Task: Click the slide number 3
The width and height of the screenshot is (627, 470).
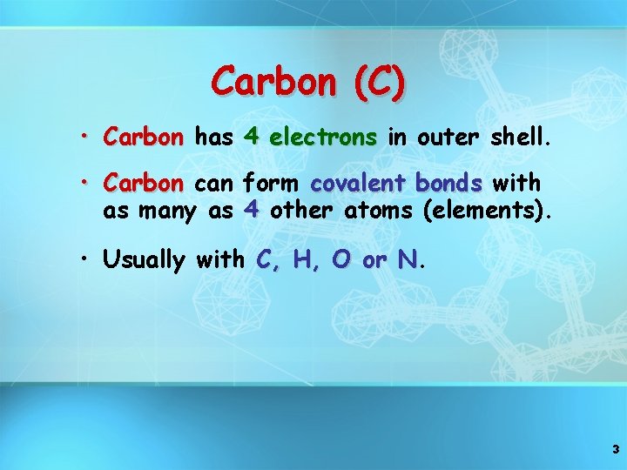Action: [x=616, y=450]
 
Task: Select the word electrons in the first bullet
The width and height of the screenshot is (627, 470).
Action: [x=324, y=137]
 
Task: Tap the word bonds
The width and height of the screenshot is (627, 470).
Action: [x=449, y=184]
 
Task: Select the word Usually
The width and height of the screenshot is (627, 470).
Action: [x=144, y=260]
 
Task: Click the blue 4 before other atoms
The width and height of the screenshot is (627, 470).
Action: [x=251, y=209]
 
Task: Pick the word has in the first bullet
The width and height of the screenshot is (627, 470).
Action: [x=212, y=137]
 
